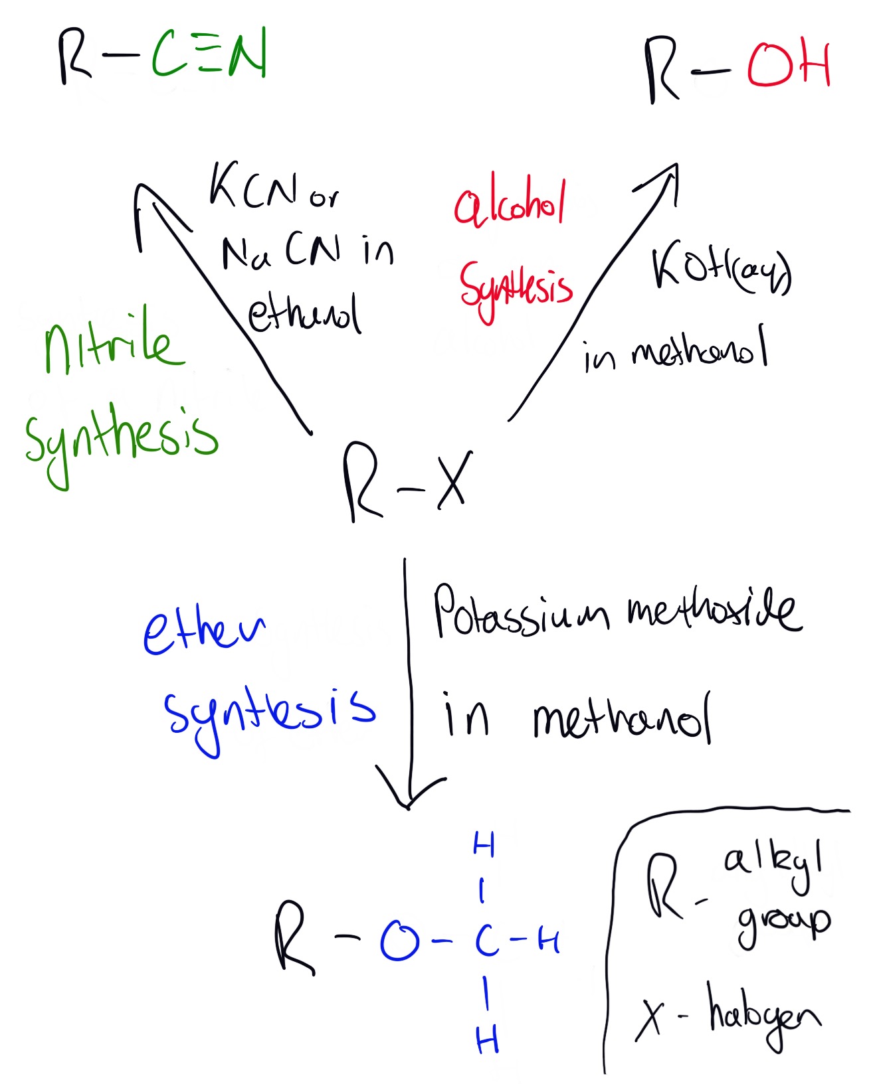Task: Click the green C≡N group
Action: click(209, 53)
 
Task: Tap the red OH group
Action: click(788, 66)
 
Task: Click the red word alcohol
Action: click(510, 203)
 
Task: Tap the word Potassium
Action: click(521, 613)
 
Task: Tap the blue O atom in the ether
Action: click(399, 941)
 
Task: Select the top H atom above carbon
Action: click(483, 845)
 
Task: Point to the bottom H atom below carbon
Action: click(487, 1040)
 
